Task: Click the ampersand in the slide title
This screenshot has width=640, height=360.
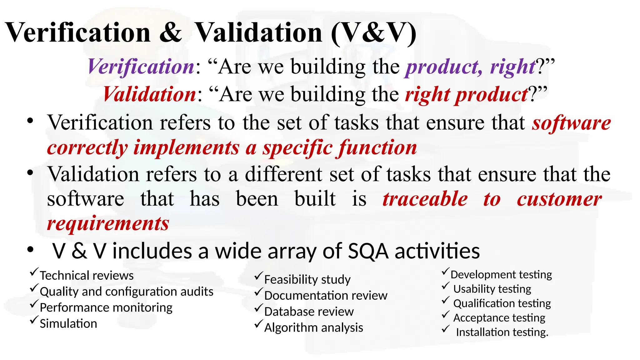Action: [170, 33]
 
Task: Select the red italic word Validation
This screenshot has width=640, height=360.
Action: [150, 94]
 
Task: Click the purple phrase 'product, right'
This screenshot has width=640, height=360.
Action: [471, 67]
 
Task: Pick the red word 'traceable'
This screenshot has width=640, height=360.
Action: [425, 199]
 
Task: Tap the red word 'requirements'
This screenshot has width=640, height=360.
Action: [108, 224]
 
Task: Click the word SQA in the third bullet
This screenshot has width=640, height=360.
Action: [368, 251]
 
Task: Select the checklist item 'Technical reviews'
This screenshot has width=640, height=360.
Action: [87, 276]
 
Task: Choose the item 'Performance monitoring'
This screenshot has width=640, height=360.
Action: [106, 307]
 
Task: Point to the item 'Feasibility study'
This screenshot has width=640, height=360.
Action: [307, 279]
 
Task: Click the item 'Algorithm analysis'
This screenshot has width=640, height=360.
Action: [313, 327]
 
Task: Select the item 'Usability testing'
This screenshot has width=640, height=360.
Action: [492, 289]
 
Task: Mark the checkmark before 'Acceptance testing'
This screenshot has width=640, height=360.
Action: [446, 315]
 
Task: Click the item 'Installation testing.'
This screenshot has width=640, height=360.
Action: [502, 332]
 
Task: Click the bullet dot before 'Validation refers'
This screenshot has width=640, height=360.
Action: [30, 172]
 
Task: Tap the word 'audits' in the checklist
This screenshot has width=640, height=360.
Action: [197, 292]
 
